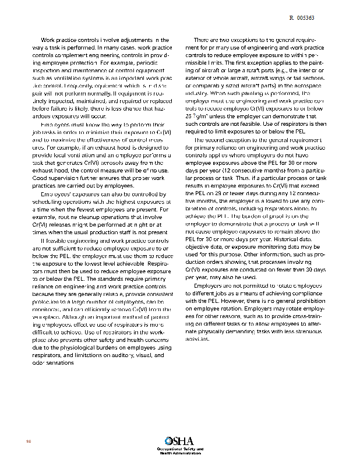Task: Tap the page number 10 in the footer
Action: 27,440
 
